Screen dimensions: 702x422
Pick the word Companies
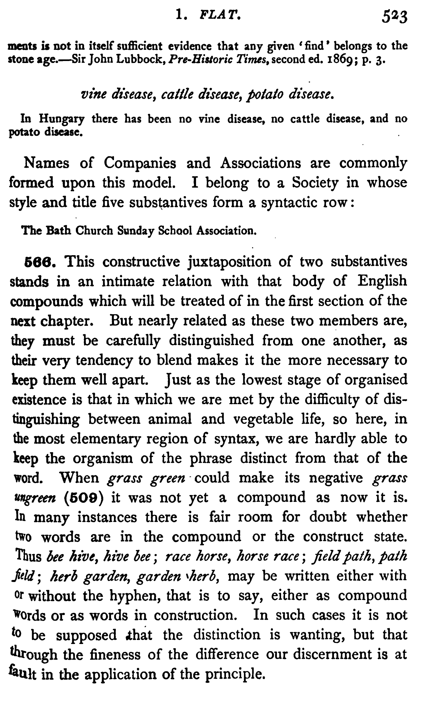point(140,163)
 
